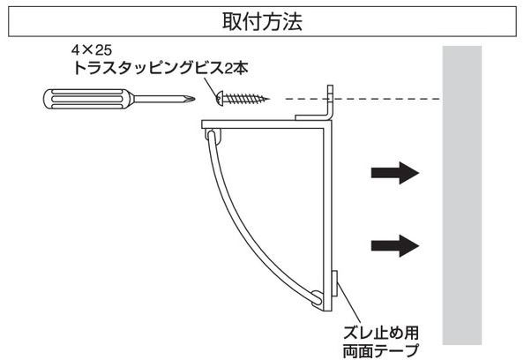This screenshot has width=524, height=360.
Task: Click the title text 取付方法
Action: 262,22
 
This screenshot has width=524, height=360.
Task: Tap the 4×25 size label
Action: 92,50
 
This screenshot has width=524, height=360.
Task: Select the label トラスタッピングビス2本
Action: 161,68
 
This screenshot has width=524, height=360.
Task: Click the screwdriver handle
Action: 88,99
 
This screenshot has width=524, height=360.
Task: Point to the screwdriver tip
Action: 193,99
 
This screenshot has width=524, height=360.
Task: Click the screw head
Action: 219,98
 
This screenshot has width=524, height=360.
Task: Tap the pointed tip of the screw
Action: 268,99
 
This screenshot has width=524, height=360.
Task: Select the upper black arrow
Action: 395,173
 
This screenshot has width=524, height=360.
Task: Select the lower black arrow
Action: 395,245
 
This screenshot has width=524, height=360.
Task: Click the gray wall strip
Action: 462,195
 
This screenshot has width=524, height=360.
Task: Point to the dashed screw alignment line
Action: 362,99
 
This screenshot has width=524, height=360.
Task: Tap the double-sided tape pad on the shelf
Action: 335,284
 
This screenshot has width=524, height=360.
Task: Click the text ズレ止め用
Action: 381,333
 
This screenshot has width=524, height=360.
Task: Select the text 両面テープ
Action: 381,350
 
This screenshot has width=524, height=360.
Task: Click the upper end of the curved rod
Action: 211,135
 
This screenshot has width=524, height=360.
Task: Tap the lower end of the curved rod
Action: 317,299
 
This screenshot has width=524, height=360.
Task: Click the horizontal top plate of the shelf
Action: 266,124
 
